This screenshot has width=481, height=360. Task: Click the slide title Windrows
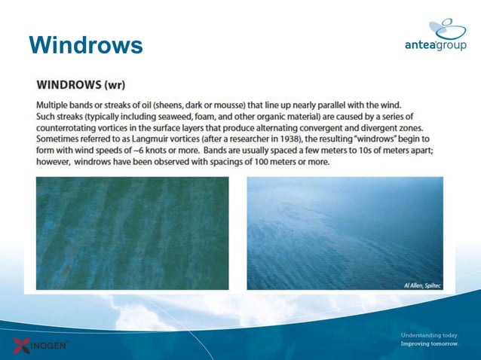85,45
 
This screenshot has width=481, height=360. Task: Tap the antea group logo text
435,45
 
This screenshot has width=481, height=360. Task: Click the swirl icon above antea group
447,28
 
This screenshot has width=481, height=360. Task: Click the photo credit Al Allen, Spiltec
418,285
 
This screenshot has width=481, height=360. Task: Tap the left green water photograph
132,233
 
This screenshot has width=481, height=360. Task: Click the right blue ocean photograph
345,233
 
